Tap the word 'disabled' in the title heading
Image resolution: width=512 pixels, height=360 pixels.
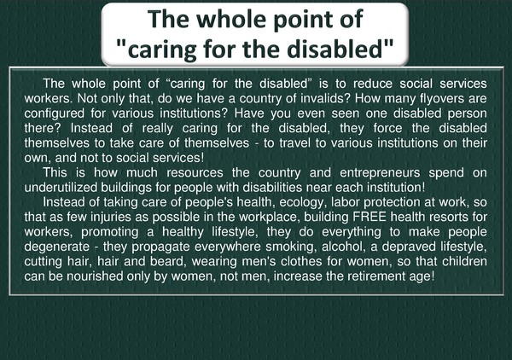335,49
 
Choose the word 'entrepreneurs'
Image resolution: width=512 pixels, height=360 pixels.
380,173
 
